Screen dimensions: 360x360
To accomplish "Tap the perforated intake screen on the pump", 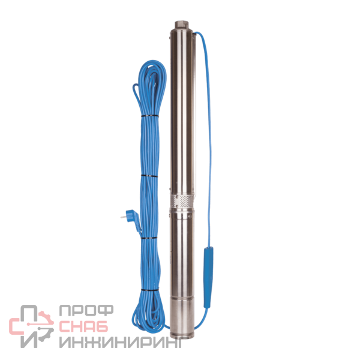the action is (182, 201).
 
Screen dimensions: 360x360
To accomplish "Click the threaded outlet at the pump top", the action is (182, 25).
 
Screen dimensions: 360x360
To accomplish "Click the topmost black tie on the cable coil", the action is (149, 116).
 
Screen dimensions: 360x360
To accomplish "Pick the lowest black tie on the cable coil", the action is (149, 290).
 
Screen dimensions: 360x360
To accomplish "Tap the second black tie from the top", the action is (149, 176).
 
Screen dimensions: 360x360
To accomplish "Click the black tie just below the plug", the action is (149, 238).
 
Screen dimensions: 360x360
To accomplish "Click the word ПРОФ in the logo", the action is (86, 310).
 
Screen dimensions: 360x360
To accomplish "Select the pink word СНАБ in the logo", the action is (83, 326).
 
